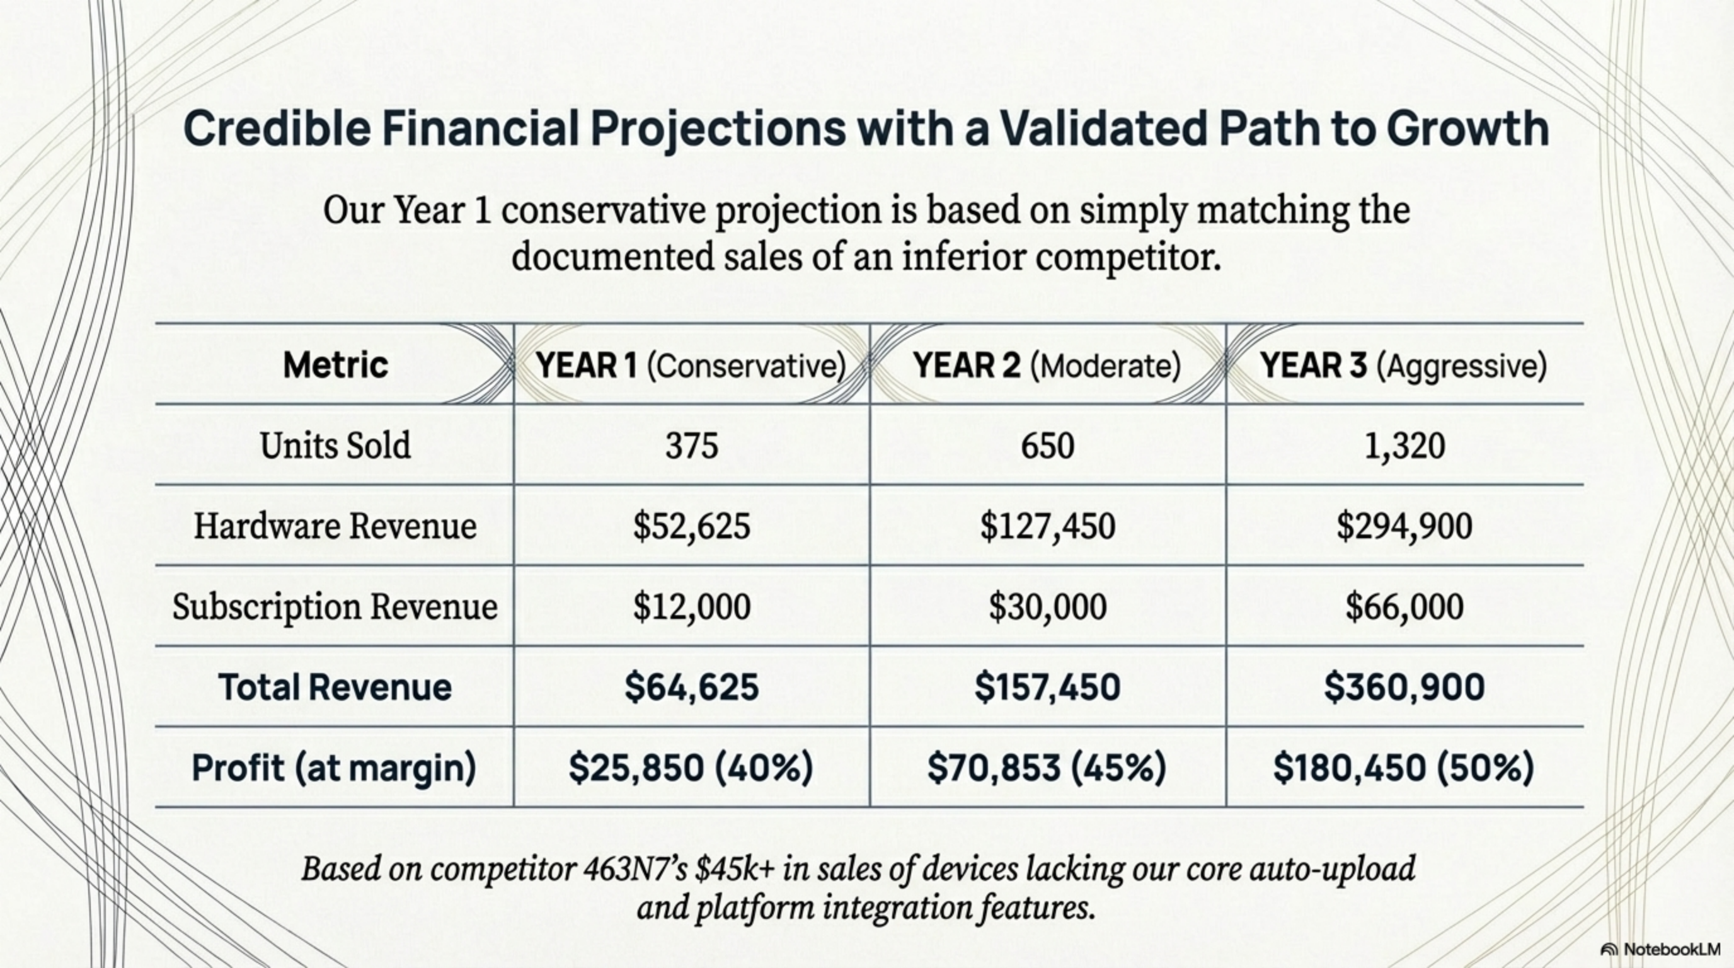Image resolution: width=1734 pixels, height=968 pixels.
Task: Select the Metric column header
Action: click(335, 365)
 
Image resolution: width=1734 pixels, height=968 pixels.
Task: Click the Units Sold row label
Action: click(335, 445)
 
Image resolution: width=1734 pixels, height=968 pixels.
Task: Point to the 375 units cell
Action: click(691, 446)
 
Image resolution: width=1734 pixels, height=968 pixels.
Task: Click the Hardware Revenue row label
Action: click(335, 526)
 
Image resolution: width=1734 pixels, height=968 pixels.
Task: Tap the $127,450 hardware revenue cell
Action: click(1047, 526)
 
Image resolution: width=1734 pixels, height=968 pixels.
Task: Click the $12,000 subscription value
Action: click(691, 606)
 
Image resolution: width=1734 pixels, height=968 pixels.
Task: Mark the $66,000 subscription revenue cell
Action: click(1404, 606)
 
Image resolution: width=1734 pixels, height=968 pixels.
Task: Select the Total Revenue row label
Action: click(335, 688)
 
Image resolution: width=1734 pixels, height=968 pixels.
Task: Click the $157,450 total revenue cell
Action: click(1047, 688)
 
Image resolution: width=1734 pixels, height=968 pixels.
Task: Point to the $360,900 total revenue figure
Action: click(1404, 688)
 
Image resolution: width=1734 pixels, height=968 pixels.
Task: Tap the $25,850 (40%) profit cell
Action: click(691, 768)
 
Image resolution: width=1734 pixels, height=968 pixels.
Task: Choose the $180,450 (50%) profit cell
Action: click(1403, 768)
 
